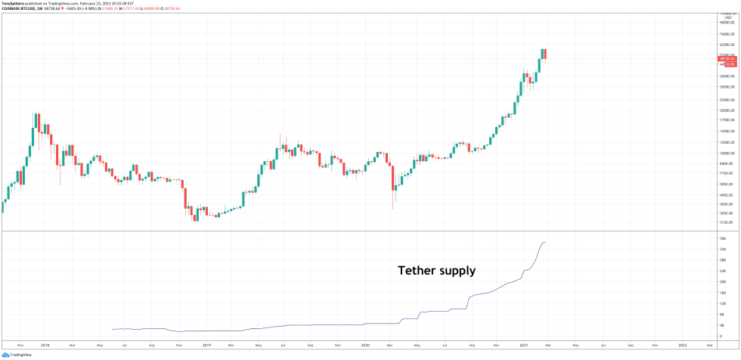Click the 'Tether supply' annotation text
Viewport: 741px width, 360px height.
tap(437, 270)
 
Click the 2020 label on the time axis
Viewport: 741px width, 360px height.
tap(365, 345)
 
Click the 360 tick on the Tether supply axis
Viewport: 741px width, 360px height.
tap(722, 239)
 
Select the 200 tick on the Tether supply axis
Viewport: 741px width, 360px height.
tap(722, 281)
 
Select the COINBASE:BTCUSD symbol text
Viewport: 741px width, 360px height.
tap(20, 9)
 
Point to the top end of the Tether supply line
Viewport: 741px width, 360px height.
tap(546, 242)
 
